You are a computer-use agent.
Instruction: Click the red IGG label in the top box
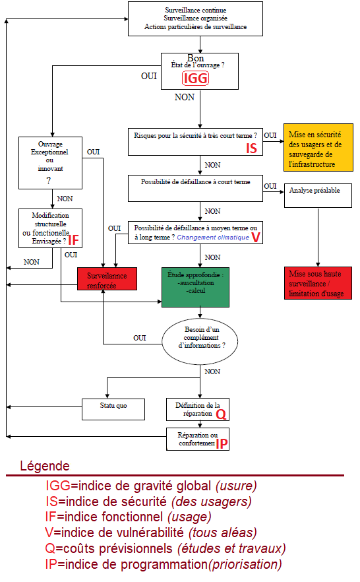pyautogui.click(x=195, y=79)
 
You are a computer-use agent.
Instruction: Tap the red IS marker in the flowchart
pyautogui.click(x=251, y=148)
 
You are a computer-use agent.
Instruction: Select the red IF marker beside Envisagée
pyautogui.click(x=74, y=240)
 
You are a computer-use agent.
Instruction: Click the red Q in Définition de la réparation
pyautogui.click(x=222, y=414)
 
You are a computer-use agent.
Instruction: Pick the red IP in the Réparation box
pyautogui.click(x=222, y=444)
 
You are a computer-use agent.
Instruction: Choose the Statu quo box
pyautogui.click(x=113, y=408)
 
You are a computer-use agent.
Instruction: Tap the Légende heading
pyautogui.click(x=44, y=466)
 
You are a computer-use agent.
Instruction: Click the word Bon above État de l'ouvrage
pyautogui.click(x=196, y=58)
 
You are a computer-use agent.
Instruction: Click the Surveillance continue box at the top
pyautogui.click(x=195, y=19)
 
